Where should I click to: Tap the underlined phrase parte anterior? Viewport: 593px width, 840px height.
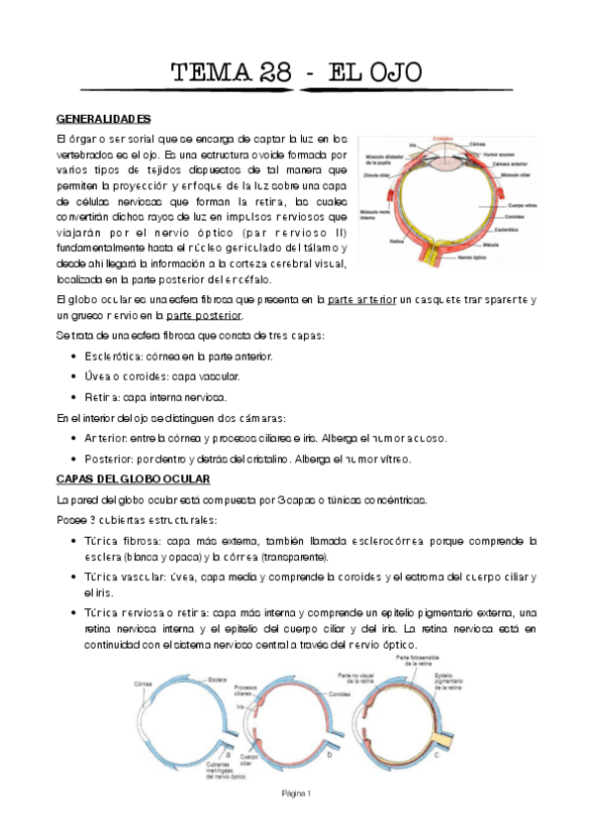(x=361, y=299)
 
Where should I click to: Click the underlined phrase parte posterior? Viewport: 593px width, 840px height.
(x=205, y=315)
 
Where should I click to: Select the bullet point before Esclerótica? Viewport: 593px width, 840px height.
(x=76, y=355)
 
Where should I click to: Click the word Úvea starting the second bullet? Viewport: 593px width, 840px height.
(x=96, y=375)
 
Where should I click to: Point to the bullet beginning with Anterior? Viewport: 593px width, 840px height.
(x=76, y=438)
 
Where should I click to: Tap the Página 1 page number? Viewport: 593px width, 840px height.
(x=296, y=793)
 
